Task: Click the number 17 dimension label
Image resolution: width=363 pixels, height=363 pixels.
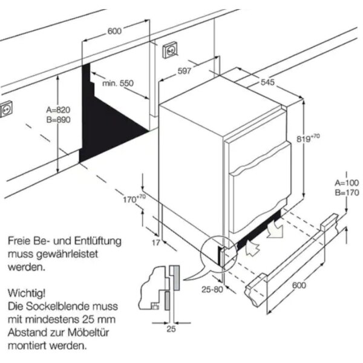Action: click(x=156, y=243)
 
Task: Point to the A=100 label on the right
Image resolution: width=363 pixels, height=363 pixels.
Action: click(x=347, y=183)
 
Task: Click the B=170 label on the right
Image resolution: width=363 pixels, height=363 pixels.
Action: click(x=347, y=192)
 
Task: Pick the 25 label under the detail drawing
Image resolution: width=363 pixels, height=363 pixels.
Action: click(x=171, y=329)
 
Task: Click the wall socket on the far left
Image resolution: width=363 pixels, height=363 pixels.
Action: click(x=7, y=110)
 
